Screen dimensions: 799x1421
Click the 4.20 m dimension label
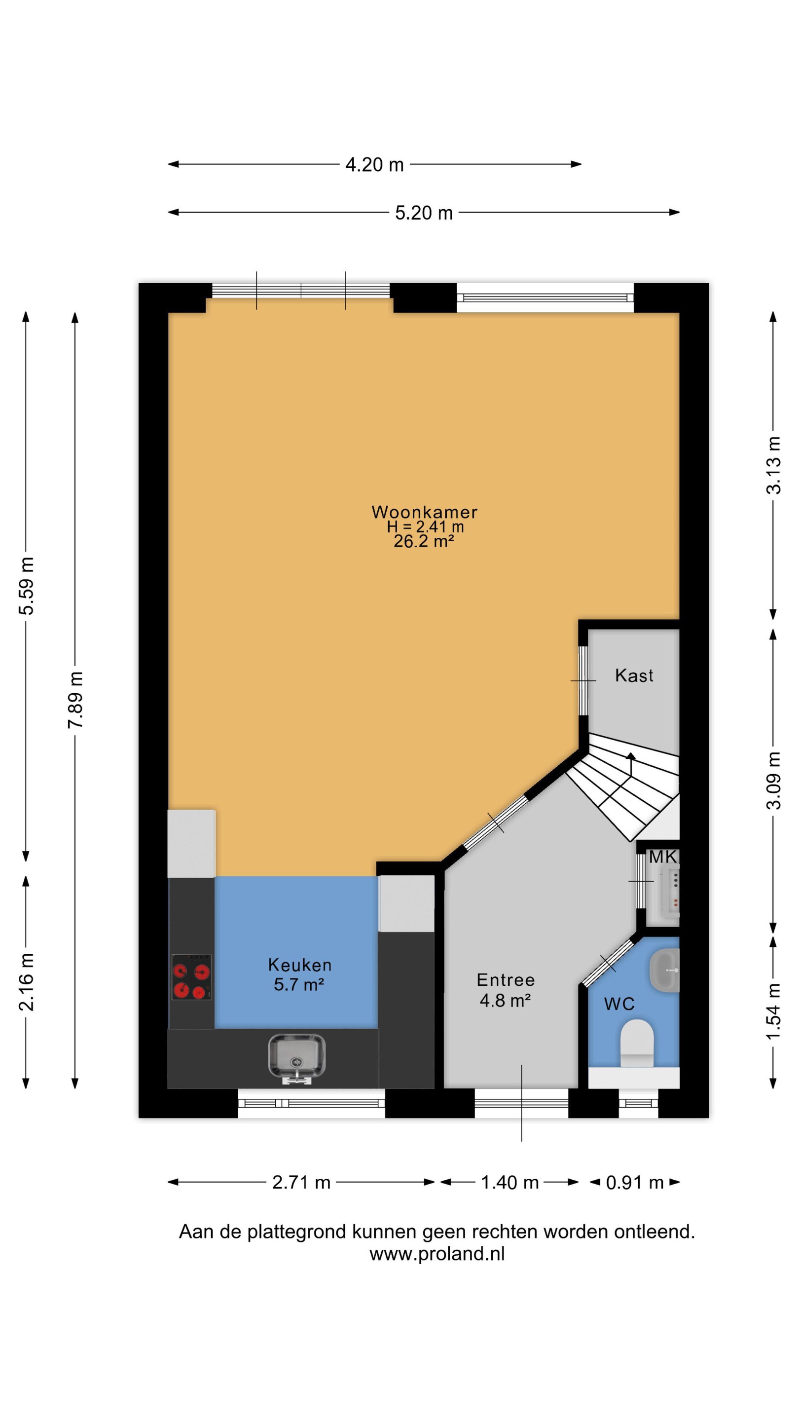click(374, 164)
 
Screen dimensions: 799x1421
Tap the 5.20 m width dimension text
click(424, 213)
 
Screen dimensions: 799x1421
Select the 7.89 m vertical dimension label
click(75, 700)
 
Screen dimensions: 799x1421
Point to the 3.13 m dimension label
click(774, 465)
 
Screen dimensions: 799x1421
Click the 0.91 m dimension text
click(635, 1182)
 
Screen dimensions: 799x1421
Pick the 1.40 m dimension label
click(509, 1182)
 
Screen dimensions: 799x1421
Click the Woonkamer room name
click(424, 512)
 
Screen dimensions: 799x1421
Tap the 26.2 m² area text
click(424, 541)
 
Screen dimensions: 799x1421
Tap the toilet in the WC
click(637, 1043)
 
